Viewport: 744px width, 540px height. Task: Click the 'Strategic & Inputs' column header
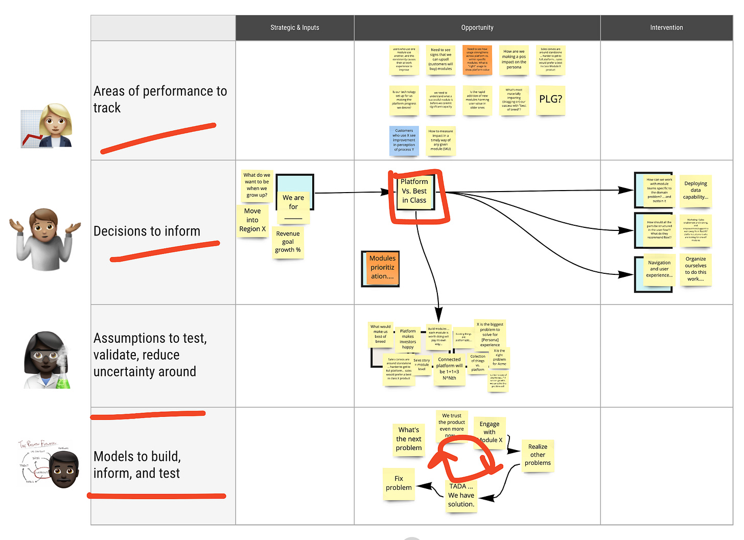click(294, 28)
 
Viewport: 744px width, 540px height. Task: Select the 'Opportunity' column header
click(477, 28)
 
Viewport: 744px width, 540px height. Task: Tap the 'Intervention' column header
click(666, 28)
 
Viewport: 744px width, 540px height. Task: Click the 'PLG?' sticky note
click(550, 100)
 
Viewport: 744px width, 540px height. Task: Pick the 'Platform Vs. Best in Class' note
click(414, 191)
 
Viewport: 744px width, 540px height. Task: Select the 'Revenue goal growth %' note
click(288, 242)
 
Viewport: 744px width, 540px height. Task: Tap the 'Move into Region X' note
click(252, 220)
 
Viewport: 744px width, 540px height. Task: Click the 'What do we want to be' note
click(257, 185)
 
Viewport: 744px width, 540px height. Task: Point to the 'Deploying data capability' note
click(695, 191)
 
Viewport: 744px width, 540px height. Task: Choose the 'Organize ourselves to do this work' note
click(695, 269)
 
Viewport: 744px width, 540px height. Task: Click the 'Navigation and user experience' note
click(659, 269)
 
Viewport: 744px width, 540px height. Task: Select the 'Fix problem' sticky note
click(399, 483)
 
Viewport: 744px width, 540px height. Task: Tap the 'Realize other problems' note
click(538, 455)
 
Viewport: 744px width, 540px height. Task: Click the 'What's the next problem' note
click(409, 439)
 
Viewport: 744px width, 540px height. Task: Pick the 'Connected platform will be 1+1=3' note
click(449, 368)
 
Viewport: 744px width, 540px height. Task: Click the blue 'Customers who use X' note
click(404, 140)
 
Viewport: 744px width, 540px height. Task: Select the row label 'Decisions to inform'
click(147, 231)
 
